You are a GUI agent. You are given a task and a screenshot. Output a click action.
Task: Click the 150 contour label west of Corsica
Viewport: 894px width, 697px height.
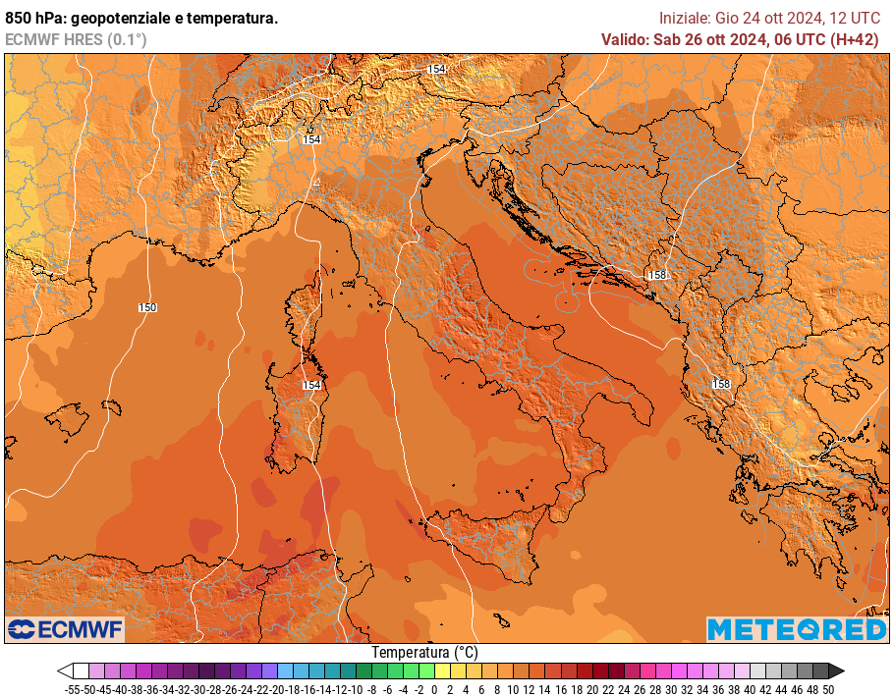[x=147, y=307]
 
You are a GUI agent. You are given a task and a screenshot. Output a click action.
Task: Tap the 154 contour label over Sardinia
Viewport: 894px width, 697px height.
[x=311, y=385]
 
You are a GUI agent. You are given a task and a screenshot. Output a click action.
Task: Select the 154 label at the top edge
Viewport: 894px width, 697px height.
[x=436, y=69]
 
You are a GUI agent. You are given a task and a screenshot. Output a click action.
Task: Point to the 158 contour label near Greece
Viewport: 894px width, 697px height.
[x=721, y=384]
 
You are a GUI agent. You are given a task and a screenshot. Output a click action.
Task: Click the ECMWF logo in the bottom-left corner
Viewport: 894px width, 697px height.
[x=65, y=629]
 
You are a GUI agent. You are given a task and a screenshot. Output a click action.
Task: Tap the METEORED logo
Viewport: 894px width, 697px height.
[x=796, y=629]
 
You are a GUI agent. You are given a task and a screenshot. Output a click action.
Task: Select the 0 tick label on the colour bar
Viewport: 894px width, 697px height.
[x=434, y=689]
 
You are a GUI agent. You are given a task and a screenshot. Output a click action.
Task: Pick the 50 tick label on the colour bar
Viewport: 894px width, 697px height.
[x=828, y=689]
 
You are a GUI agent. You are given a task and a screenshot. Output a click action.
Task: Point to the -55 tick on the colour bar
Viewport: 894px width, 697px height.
[x=72, y=689]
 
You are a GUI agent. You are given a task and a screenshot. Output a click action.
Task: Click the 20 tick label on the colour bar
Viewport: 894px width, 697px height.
[x=592, y=689]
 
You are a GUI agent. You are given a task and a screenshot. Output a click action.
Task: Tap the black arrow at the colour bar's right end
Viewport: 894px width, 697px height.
[x=836, y=671]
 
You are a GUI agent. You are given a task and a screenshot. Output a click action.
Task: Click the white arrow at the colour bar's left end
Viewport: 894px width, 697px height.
[x=65, y=671]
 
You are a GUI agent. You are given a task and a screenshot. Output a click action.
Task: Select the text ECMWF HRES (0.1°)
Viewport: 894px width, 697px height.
[x=76, y=39]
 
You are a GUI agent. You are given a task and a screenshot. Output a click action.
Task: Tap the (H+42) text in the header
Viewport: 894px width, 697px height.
[x=855, y=39]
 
